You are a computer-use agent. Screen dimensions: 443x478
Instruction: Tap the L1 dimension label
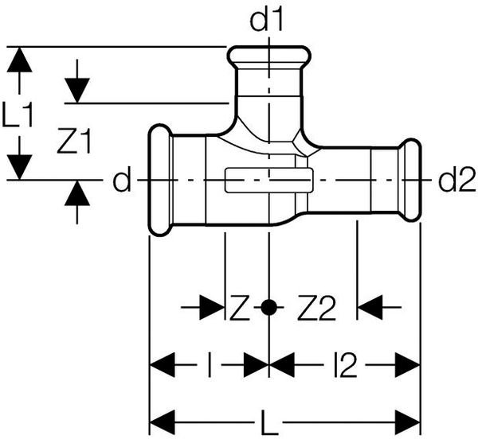[x=18, y=117]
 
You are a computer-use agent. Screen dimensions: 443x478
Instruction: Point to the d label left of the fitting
[x=120, y=182]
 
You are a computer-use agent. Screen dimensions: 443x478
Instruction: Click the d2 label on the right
[x=456, y=182]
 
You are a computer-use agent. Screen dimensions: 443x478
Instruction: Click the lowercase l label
[x=209, y=367]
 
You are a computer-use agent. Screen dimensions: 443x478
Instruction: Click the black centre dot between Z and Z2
[x=269, y=305]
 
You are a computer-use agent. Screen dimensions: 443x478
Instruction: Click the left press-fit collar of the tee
[x=161, y=181]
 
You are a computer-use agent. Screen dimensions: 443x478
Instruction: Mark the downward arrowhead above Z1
[x=76, y=88]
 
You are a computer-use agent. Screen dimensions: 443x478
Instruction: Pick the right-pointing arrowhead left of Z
[x=210, y=306]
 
